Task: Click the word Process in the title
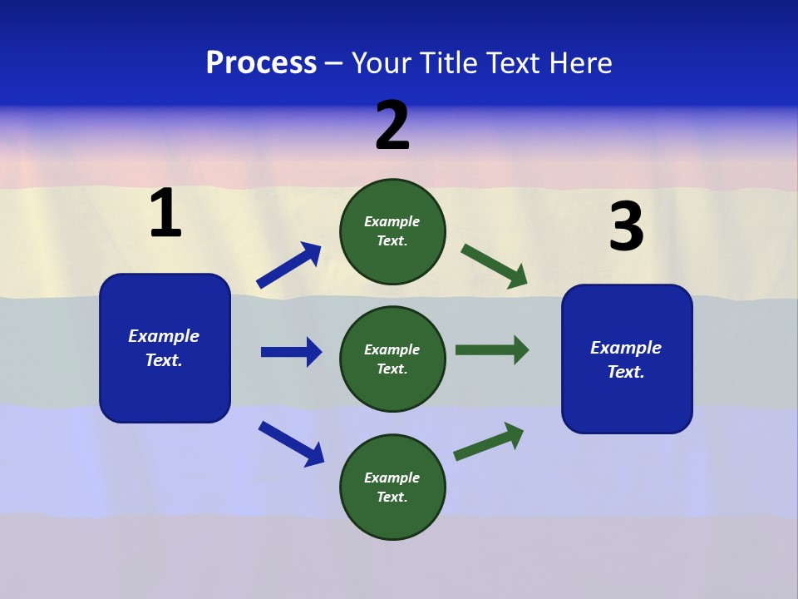pos(261,63)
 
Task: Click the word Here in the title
pos(579,63)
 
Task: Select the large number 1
pos(165,214)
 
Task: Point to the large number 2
pos(392,126)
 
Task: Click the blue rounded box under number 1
pos(165,348)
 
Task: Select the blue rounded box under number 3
pos(627,359)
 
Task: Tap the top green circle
pos(392,231)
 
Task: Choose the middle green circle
pos(392,359)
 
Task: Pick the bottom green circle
pos(392,487)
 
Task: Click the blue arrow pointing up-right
pos(289,265)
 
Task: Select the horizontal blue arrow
pos(292,352)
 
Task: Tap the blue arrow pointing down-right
pos(291,443)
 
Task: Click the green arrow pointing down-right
pos(495,266)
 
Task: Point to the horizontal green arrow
pos(492,350)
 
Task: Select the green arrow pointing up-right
pos(489,441)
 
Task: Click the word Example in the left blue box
pos(164,336)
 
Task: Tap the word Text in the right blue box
pos(625,372)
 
